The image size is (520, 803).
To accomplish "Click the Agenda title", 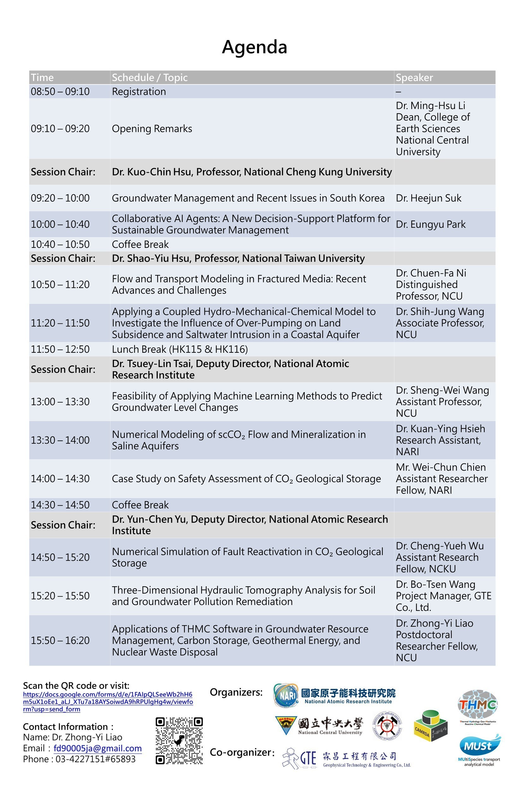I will tap(254, 47).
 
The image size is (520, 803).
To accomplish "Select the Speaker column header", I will tap(414, 78).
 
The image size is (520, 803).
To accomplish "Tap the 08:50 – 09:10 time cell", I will tap(60, 92).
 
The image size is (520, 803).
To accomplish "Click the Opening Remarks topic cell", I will tap(152, 128).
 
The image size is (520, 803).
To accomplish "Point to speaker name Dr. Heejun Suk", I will tap(428, 198).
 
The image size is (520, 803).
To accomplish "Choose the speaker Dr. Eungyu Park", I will tap(431, 224).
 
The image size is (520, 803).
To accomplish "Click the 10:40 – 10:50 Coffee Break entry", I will tap(140, 244).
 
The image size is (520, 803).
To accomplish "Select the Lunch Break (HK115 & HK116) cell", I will tap(180, 349).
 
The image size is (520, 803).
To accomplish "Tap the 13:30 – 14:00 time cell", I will tap(60, 440).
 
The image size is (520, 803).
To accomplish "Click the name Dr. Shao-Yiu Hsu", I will tap(152, 258).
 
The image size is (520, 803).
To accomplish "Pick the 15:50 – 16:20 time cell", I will tap(60, 641).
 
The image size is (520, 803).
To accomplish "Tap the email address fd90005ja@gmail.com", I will tap(98, 748).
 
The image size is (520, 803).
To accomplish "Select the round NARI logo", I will tap(286, 695).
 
